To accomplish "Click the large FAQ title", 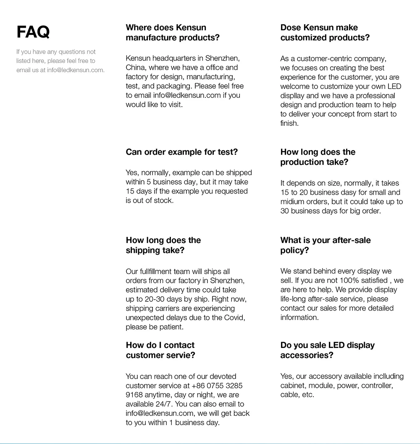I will point(33,32).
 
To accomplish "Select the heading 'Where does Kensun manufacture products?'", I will point(172,33).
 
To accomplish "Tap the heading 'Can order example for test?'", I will point(181,152).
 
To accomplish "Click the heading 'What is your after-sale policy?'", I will point(325,246).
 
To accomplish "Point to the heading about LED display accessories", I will point(327,350).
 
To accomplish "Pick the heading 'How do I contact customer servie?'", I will point(160,350).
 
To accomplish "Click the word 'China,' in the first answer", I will point(136,68).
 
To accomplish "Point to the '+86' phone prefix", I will point(199,386).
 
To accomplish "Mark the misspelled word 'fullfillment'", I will point(160,272).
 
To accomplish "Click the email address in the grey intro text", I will point(75,70).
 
